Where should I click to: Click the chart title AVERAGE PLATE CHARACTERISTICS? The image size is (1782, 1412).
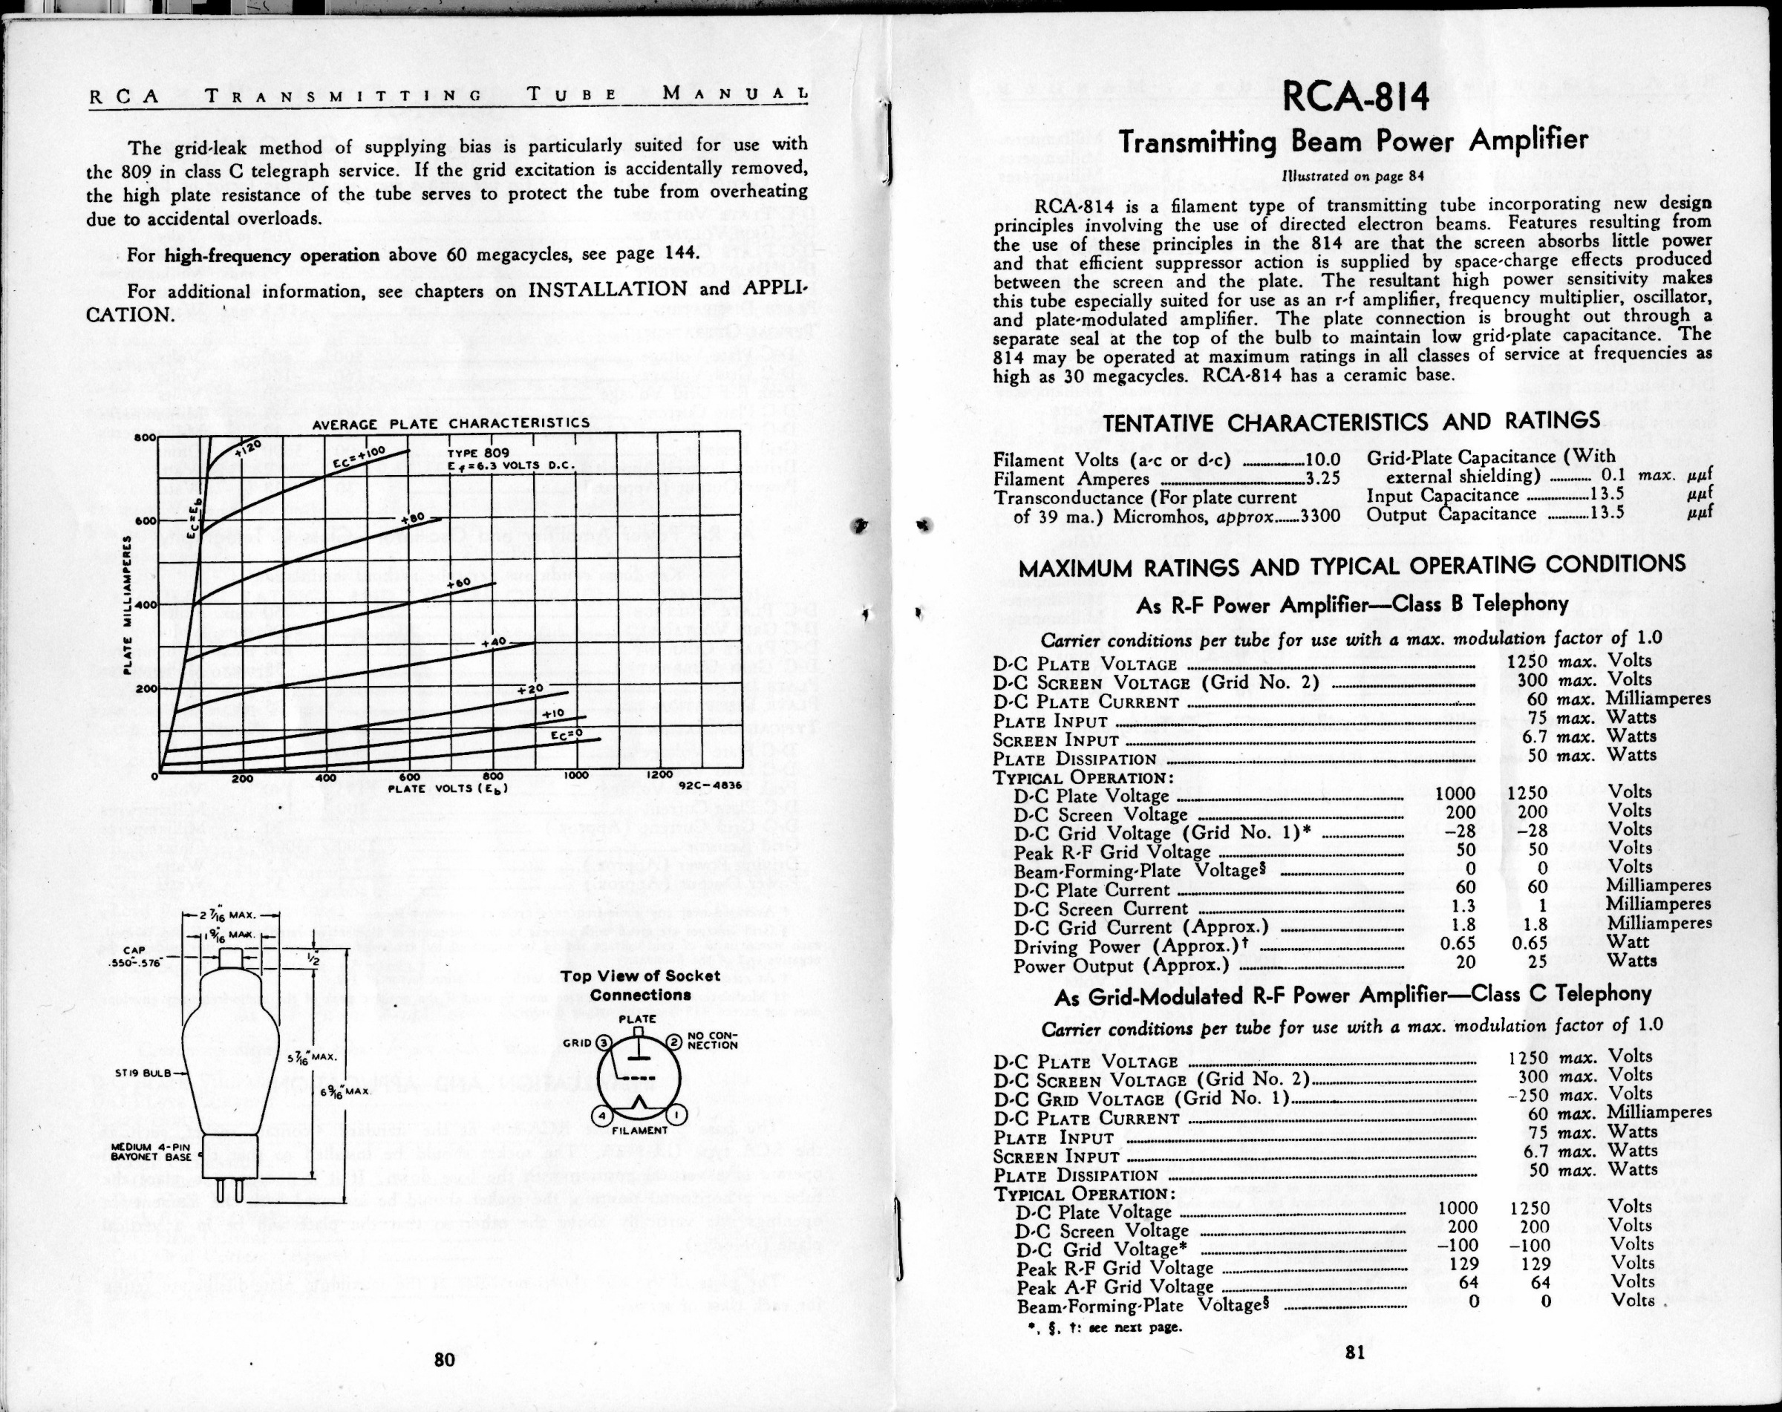[x=451, y=424]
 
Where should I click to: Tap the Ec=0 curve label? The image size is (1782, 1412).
[x=567, y=733]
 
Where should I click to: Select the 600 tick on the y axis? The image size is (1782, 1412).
[x=146, y=521]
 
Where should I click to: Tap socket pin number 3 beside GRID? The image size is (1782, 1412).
[x=604, y=1043]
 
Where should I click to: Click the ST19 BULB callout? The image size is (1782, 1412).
[x=146, y=1073]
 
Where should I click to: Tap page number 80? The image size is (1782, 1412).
[x=445, y=1360]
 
